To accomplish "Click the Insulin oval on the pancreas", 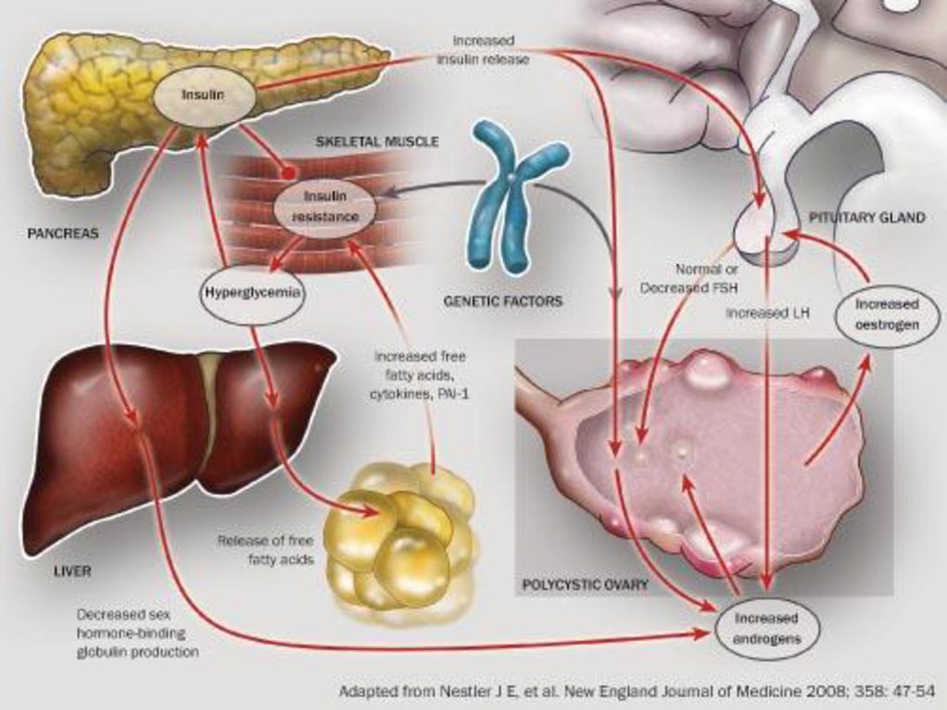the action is click(x=203, y=96).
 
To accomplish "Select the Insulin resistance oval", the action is click(x=325, y=206).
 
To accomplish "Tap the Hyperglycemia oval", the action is click(x=252, y=294).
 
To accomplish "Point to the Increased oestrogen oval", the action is click(x=887, y=315).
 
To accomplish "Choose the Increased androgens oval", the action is click(x=767, y=629).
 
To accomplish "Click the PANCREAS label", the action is click(x=63, y=233).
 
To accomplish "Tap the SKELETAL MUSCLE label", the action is click(x=377, y=141).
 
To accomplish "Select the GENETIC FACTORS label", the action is click(x=502, y=300).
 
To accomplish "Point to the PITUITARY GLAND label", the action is click(x=867, y=217).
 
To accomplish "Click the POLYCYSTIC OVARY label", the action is click(x=584, y=584).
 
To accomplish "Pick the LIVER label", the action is click(x=72, y=570).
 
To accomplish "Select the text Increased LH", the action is click(x=767, y=313).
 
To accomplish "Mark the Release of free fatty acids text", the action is click(x=265, y=550).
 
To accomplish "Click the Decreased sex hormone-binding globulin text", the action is click(x=138, y=633).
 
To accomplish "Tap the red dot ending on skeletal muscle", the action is click(x=289, y=171).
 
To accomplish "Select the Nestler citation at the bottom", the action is click(x=636, y=691).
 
